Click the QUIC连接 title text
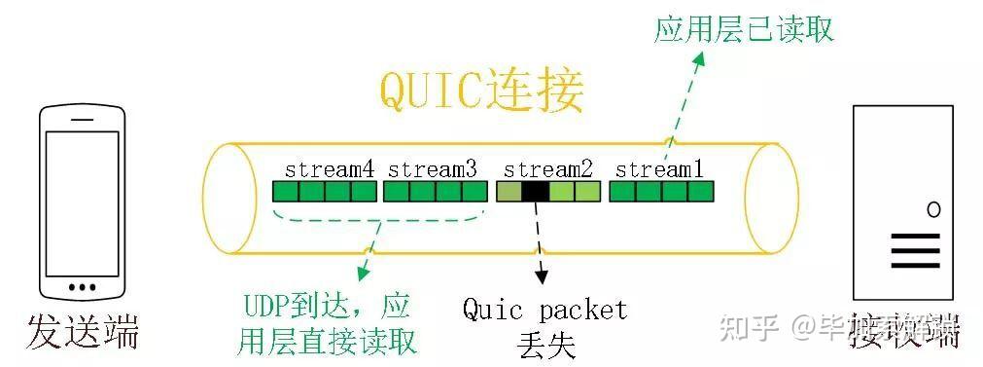[x=481, y=93]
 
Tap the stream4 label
[x=329, y=168]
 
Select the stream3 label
[x=433, y=168]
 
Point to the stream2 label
[x=547, y=168]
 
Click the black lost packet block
[x=535, y=192]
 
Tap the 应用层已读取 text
[x=744, y=29]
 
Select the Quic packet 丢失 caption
[x=544, y=326]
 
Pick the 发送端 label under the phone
[x=83, y=331]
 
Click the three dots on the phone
[x=83, y=287]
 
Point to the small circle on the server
[x=933, y=209]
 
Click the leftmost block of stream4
[x=285, y=192]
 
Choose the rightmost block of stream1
[x=700, y=192]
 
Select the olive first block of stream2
[x=509, y=192]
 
